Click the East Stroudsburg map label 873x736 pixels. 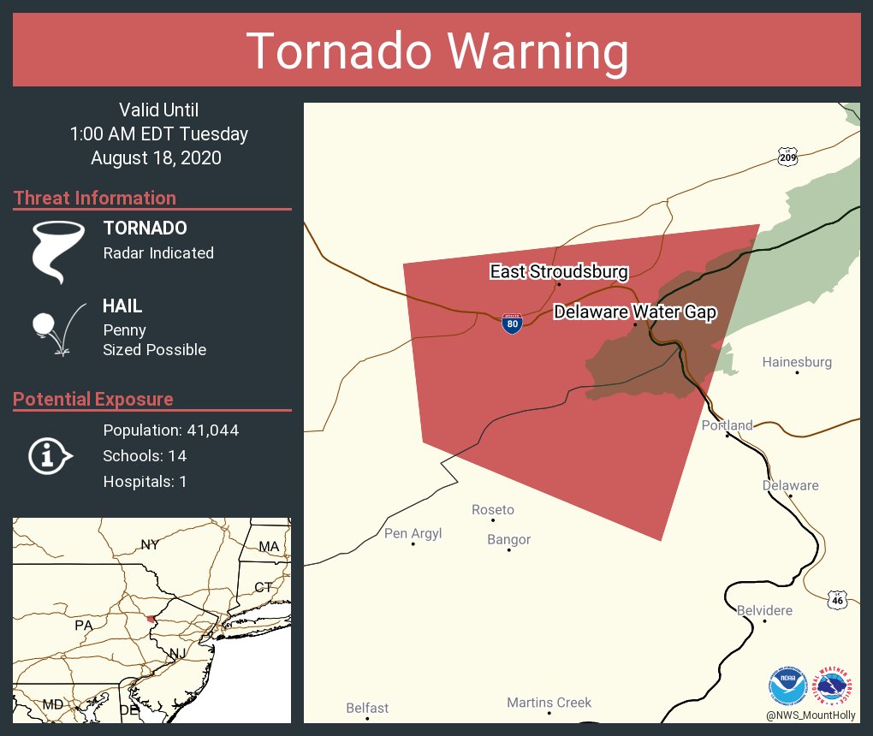[559, 272]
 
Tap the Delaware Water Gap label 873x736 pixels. [634, 312]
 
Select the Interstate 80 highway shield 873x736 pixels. [512, 323]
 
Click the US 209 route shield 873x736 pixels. [788, 157]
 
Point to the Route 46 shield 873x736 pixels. [838, 600]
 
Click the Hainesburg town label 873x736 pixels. [797, 362]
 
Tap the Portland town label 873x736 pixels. [727, 425]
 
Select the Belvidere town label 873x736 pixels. [764, 610]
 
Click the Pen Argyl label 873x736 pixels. [413, 533]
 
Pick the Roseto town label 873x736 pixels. [493, 510]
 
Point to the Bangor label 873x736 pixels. [508, 539]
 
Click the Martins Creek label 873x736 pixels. [549, 703]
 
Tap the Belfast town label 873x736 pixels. [367, 708]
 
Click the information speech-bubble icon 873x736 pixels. [50, 456]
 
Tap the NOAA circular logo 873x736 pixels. [787, 686]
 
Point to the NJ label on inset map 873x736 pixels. [177, 654]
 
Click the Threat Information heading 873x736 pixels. [95, 198]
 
